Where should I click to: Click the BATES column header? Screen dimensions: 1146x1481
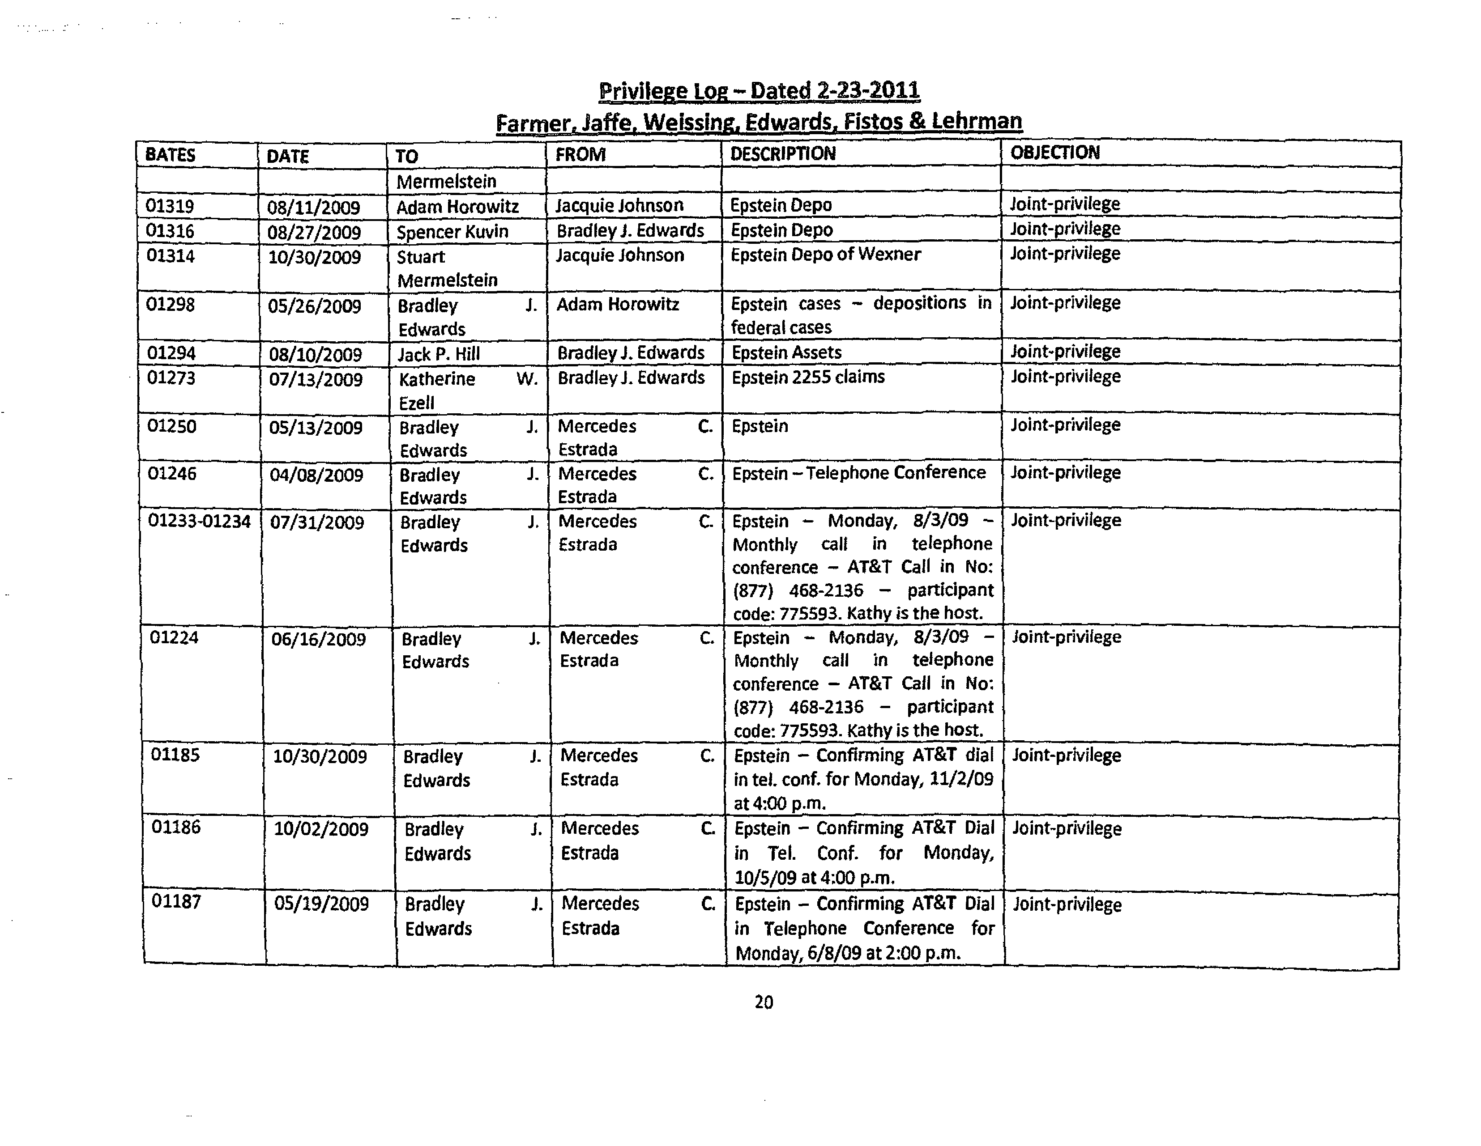pyautogui.click(x=170, y=155)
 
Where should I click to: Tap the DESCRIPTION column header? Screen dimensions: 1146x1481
pyautogui.click(x=782, y=154)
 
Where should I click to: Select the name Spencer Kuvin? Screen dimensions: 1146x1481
pyautogui.click(x=452, y=232)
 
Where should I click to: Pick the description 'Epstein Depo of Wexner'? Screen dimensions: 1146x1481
pyautogui.click(x=825, y=254)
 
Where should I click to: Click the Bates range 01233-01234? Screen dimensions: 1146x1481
pyautogui.click(x=199, y=521)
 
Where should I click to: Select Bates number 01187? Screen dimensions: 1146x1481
pyautogui.click(x=175, y=901)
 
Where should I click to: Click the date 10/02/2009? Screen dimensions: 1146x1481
pyautogui.click(x=321, y=829)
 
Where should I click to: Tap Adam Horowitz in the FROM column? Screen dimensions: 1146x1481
pyautogui.click(x=618, y=304)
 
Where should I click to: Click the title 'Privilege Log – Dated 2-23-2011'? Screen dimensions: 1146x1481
pyautogui.click(x=759, y=91)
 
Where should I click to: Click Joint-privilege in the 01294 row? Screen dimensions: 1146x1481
pyautogui.click(x=1065, y=352)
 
